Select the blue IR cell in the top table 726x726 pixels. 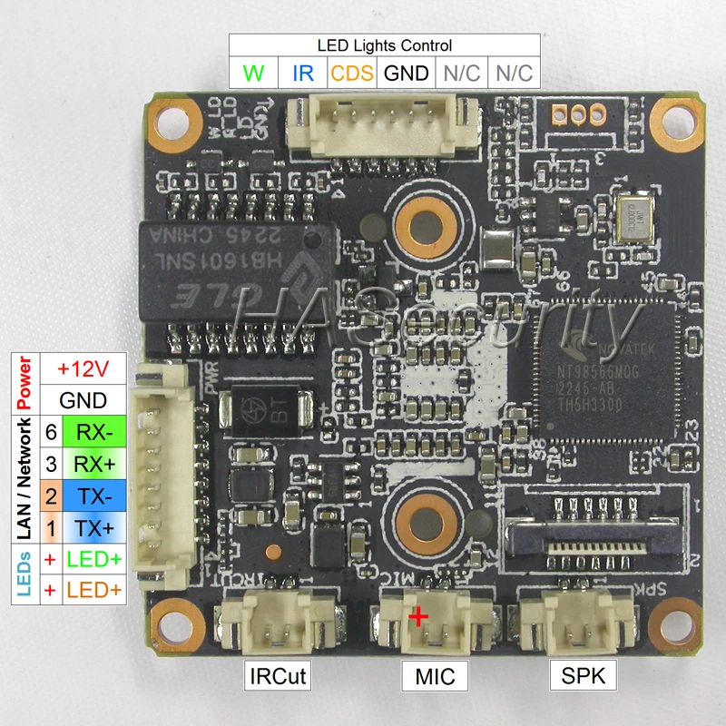pos(302,73)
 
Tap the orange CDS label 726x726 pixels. pos(351,73)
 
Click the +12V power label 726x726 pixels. pos(83,369)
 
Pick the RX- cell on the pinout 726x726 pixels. pos(94,432)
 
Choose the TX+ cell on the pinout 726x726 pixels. pos(94,526)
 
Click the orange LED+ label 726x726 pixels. pos(94,590)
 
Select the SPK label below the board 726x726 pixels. pos(581,675)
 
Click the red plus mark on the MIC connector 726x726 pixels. pos(418,618)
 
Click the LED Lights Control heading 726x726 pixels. pos(384,44)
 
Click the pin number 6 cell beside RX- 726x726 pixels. pos(51,432)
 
